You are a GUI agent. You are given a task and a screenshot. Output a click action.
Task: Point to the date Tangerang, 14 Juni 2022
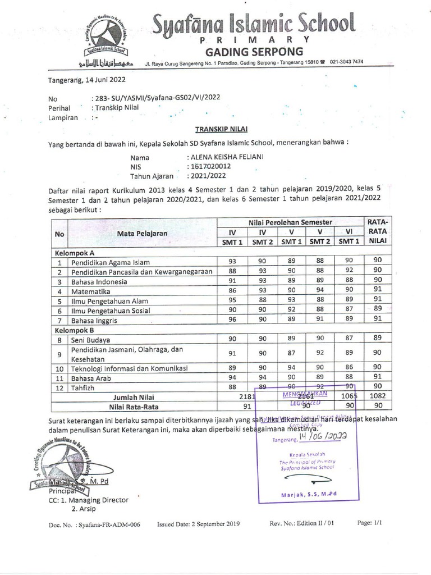point(79,79)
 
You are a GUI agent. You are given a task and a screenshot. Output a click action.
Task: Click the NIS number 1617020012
point(211,167)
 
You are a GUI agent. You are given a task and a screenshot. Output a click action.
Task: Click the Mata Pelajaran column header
point(142,232)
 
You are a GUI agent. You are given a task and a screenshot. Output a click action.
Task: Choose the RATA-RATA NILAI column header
point(378,231)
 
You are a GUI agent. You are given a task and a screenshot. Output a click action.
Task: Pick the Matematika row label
point(93,291)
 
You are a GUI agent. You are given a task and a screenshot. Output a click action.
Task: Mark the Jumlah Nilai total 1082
point(378,396)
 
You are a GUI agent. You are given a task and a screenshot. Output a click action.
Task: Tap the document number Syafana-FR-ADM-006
point(109,524)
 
